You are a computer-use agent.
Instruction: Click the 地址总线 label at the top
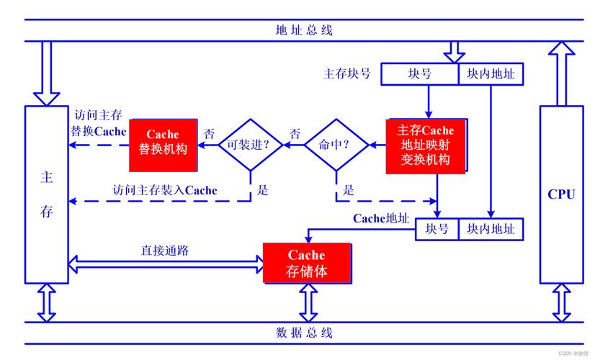coord(304,30)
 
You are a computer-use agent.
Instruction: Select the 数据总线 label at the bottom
coord(304,333)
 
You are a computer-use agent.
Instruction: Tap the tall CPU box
coord(561,194)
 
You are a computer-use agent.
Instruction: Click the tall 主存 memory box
coord(47,194)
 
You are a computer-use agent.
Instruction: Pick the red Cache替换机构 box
coord(163,143)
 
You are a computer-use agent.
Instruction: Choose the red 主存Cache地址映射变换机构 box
coord(425,145)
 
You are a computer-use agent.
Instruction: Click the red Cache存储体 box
coord(307,264)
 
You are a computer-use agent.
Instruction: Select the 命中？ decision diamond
coord(336,145)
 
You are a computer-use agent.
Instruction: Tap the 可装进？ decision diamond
coord(249,145)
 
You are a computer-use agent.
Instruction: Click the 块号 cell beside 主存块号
coord(419,73)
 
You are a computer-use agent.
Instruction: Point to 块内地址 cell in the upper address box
coord(491,73)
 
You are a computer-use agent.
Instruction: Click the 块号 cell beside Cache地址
coord(437,229)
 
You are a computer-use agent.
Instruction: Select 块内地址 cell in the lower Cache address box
coord(491,229)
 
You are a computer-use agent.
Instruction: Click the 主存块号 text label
coord(347,73)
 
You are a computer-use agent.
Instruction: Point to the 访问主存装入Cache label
coord(165,190)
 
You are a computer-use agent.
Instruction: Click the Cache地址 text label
coord(380,218)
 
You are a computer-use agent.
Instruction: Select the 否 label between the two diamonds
coord(295,134)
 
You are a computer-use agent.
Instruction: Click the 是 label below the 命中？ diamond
coord(349,190)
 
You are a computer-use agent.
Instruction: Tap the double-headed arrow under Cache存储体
coord(308,302)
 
